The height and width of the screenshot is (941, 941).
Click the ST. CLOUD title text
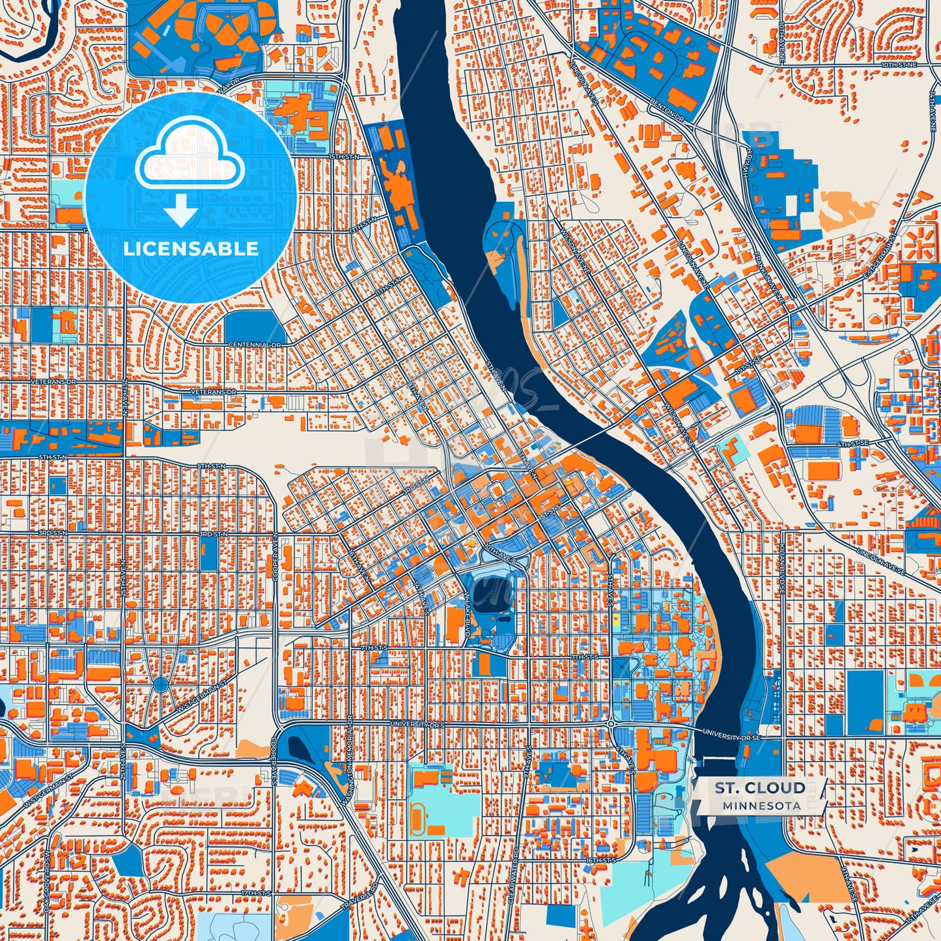pos(759,788)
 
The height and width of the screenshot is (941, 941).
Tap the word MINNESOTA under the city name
pos(761,806)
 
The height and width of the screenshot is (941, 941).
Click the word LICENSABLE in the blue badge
pos(190,249)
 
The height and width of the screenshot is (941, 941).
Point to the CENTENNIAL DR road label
pos(255,344)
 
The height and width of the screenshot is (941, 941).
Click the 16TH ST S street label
pos(599,860)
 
